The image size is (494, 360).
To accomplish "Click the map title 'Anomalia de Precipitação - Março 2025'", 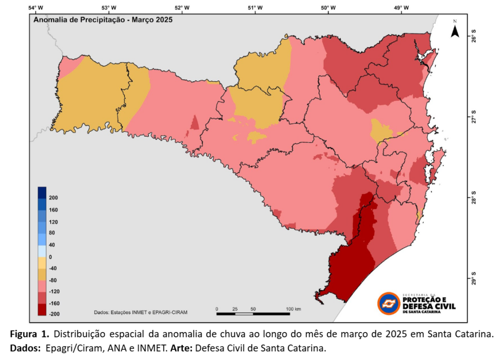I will click(102, 20).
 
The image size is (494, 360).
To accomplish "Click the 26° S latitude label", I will click(473, 37).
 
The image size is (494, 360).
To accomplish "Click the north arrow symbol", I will click(454, 30).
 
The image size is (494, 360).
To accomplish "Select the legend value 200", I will click(54, 198).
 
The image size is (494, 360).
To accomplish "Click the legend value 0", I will click(51, 257).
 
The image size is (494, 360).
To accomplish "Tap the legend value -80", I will click(54, 280).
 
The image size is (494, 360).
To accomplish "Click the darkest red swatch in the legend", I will click(42, 309).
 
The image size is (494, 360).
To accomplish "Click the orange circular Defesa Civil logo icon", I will click(388, 304).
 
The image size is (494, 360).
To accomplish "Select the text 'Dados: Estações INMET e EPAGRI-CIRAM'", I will click(140, 312).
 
